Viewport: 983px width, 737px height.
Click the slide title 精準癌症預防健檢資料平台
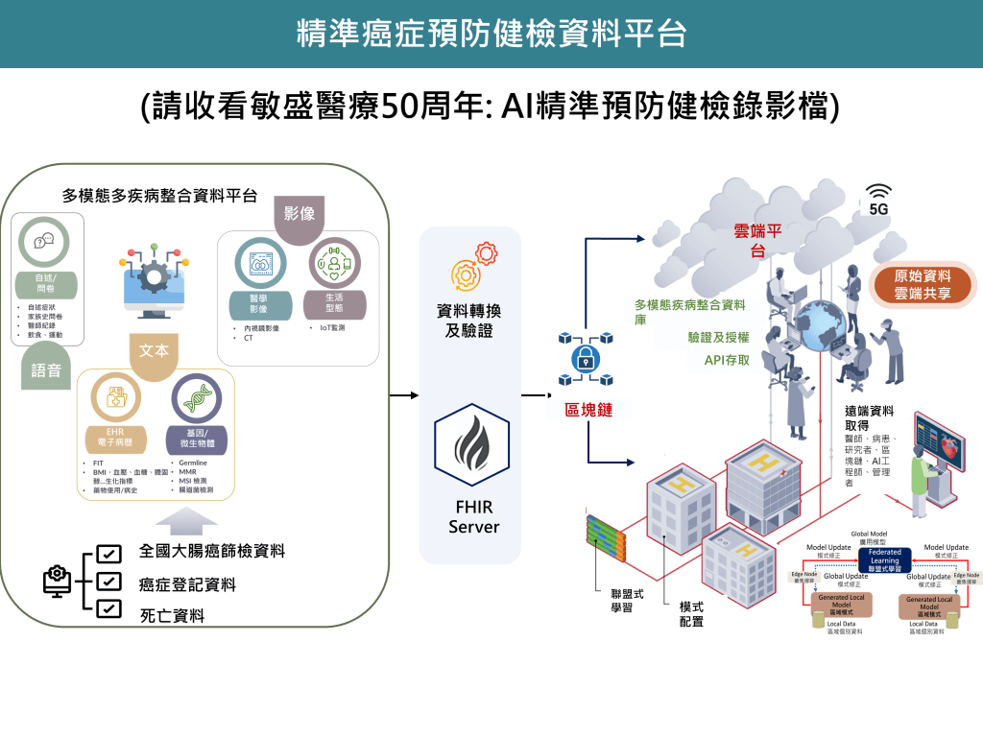coord(491,34)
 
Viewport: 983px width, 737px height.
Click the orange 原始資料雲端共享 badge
coord(922,284)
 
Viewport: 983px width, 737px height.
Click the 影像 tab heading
coord(300,214)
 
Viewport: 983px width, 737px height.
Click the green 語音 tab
coord(46,369)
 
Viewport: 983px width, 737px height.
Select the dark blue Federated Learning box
coord(884,560)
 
